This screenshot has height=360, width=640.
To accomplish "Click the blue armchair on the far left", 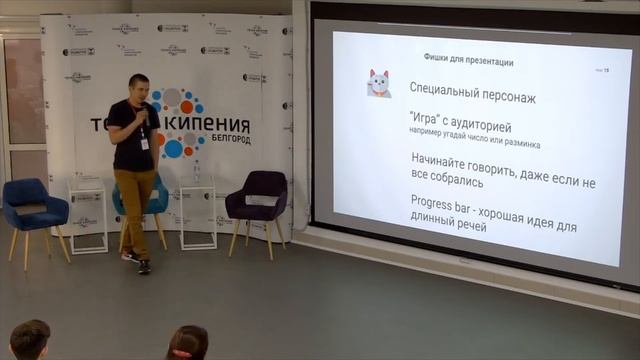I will point(33,208).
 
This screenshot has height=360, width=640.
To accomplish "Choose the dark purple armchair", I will point(257,199).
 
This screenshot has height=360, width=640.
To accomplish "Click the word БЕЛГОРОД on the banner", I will point(225,141).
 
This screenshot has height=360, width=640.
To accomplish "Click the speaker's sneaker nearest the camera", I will point(144,266).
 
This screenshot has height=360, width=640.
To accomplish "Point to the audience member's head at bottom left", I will point(30,340).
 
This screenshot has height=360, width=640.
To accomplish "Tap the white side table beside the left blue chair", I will point(88,210).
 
